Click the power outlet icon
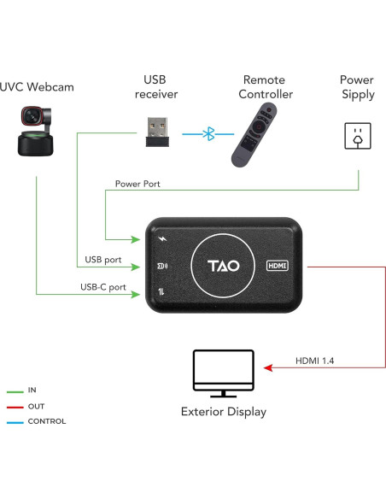(357, 135)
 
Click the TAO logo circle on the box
(224, 265)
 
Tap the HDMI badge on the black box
(278, 265)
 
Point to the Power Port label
(137, 184)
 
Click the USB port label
(104, 259)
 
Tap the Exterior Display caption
(224, 412)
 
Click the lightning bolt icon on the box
(161, 240)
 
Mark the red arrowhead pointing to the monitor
(268, 369)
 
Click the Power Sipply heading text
(357, 87)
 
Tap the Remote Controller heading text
(266, 87)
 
